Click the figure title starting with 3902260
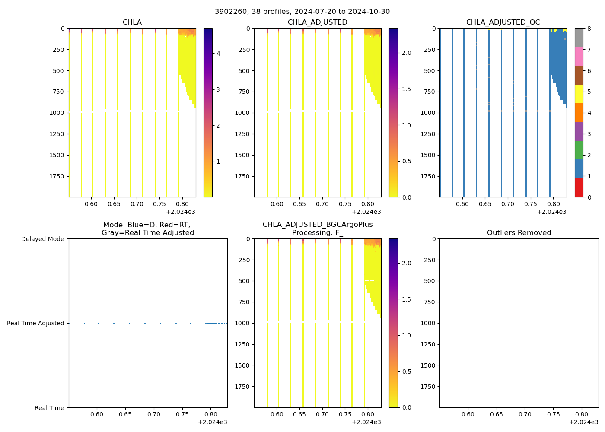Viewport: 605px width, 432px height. click(x=302, y=11)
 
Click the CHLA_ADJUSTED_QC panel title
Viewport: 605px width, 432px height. click(x=503, y=22)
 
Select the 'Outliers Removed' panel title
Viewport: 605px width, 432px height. click(x=519, y=232)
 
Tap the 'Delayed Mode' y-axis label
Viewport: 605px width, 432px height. click(x=42, y=239)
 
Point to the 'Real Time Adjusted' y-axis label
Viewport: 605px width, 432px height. click(x=35, y=323)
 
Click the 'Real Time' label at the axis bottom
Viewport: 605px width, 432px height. click(x=49, y=408)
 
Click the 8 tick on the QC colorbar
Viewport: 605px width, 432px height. click(x=589, y=29)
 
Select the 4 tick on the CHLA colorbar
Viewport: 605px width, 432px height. click(x=218, y=54)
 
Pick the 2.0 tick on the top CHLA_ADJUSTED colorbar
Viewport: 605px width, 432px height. click(x=407, y=53)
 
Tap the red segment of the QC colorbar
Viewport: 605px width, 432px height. click(x=579, y=188)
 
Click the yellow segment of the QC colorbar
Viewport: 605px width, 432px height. click(x=579, y=94)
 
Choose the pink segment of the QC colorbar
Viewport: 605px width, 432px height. click(x=579, y=56)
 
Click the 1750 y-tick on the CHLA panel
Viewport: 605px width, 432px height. click(x=56, y=176)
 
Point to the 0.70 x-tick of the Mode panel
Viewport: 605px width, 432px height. click(x=154, y=414)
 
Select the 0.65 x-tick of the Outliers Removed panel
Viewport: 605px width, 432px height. click(x=497, y=414)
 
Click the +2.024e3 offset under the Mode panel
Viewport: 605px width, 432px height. click(x=212, y=422)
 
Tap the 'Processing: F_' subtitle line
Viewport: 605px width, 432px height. click(x=318, y=232)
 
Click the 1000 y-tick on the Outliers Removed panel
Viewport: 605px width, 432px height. click(x=429, y=323)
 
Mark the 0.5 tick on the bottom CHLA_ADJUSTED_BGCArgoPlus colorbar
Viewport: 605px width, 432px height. click(x=407, y=372)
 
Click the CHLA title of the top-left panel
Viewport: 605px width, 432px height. click(x=132, y=22)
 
